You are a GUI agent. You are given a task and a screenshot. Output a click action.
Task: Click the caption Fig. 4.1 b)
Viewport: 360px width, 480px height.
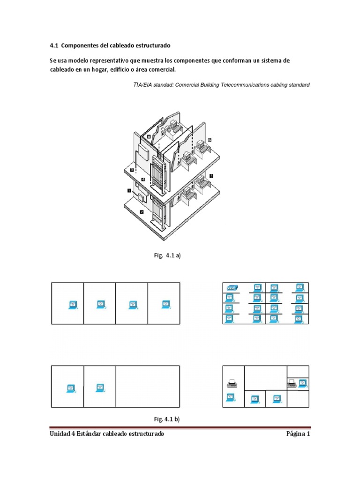point(168,419)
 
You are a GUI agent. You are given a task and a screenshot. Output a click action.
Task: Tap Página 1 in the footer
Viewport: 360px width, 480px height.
point(298,434)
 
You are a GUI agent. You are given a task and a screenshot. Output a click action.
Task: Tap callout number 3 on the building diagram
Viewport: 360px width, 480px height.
point(132,170)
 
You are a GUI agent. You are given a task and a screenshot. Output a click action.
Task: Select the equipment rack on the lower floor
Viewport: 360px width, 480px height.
point(157,213)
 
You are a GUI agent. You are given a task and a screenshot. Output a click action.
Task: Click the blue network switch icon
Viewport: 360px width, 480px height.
point(231,287)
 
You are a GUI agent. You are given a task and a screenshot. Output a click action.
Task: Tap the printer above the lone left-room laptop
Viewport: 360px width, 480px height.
point(231,384)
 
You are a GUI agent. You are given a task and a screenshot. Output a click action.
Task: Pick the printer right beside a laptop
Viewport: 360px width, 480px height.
point(292,383)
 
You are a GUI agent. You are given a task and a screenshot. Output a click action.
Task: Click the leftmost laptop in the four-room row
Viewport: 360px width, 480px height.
point(73,304)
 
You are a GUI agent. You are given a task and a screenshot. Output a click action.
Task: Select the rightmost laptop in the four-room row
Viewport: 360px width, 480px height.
point(164,304)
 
